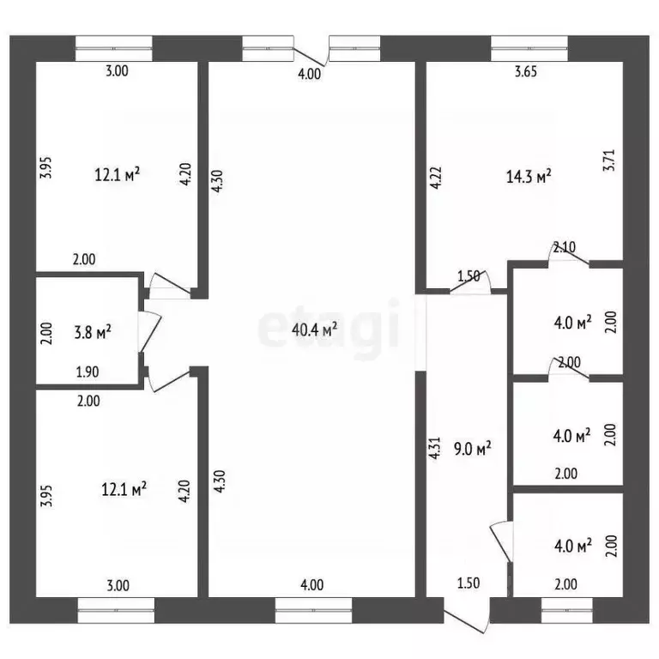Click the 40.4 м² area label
click(x=314, y=329)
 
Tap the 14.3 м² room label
click(x=529, y=177)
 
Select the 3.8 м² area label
click(x=93, y=332)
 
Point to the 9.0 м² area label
click(x=473, y=449)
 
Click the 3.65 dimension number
click(x=526, y=71)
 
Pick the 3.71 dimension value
click(x=609, y=160)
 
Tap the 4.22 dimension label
click(x=435, y=178)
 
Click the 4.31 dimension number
click(x=434, y=448)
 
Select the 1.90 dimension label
click(x=88, y=372)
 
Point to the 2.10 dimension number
click(x=564, y=247)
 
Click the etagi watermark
click(x=329, y=329)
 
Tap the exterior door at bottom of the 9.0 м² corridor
click(x=467, y=614)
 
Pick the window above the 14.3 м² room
click(x=529, y=49)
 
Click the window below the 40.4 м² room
click(x=313, y=610)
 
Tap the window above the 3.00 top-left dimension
click(x=114, y=49)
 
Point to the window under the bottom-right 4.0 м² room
click(x=567, y=610)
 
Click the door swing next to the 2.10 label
click(x=568, y=253)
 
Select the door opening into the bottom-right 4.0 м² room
click(x=502, y=541)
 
